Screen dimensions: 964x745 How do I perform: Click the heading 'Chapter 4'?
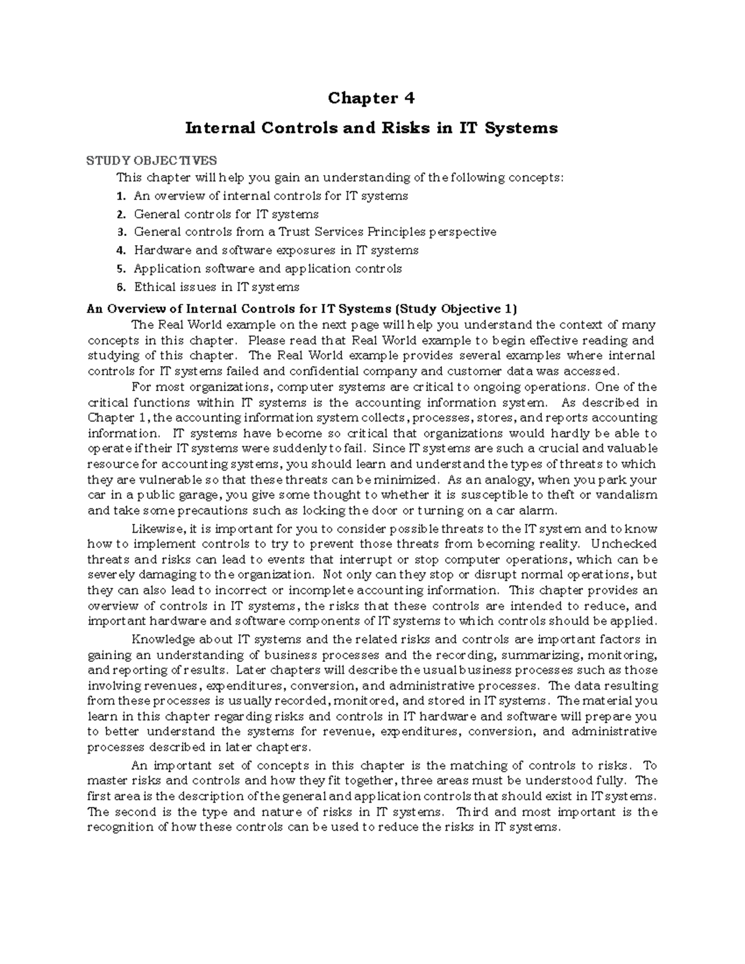(371, 98)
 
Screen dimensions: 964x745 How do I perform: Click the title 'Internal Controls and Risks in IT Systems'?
(371, 128)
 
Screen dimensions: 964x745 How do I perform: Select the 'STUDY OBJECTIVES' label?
(151, 161)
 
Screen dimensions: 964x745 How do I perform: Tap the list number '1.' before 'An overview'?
(121, 196)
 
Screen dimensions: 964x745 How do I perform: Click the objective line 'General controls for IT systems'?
(226, 214)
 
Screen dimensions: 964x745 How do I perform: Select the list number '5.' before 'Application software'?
(121, 269)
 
